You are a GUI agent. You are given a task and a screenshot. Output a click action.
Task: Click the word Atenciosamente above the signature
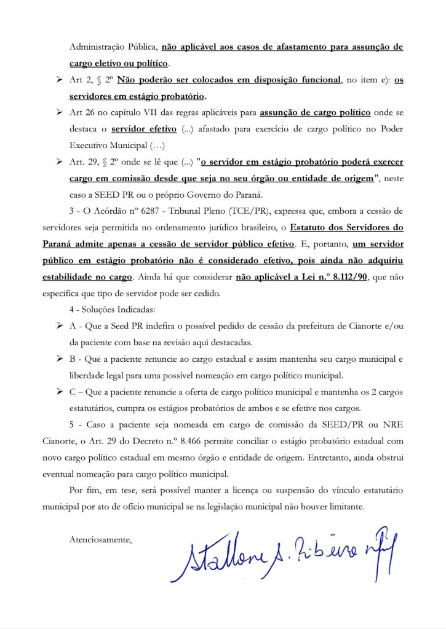(x=101, y=540)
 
